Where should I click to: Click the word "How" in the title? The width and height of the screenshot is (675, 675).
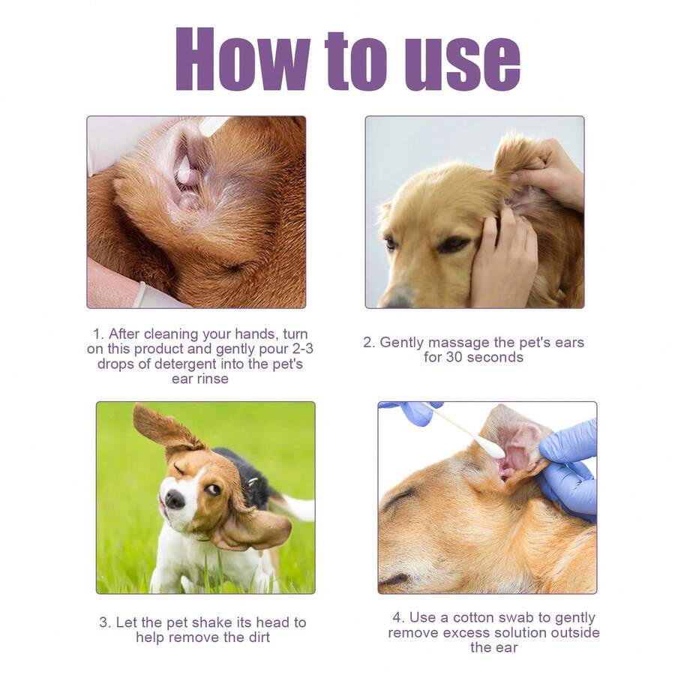tap(241, 59)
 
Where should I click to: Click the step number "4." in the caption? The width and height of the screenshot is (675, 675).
tap(398, 618)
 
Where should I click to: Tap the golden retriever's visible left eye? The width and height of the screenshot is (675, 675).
tap(452, 244)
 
